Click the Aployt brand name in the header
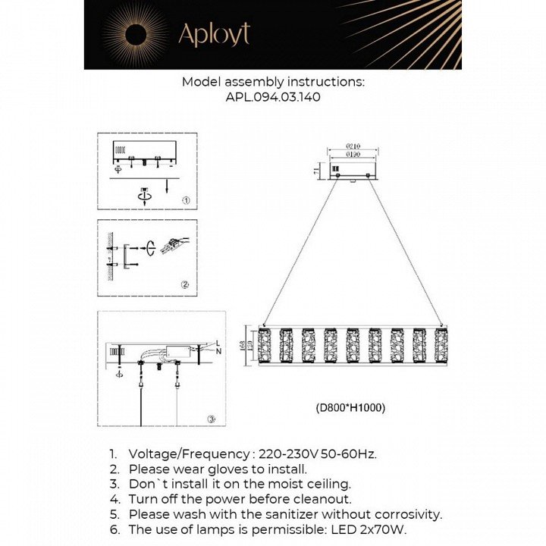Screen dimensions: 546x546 [x=213, y=34]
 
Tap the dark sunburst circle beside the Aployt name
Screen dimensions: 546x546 [x=136, y=33]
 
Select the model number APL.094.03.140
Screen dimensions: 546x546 [x=272, y=97]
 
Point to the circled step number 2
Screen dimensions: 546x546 [x=184, y=285]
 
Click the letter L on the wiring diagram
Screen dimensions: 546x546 [x=218, y=342]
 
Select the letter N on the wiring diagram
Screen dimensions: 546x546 [x=218, y=352]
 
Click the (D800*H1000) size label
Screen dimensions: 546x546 [x=350, y=407]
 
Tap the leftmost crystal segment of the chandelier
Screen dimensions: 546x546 [x=265, y=345]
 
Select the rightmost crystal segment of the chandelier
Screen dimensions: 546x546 [x=441, y=345]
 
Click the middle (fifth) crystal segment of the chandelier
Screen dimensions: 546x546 [x=353, y=345]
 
